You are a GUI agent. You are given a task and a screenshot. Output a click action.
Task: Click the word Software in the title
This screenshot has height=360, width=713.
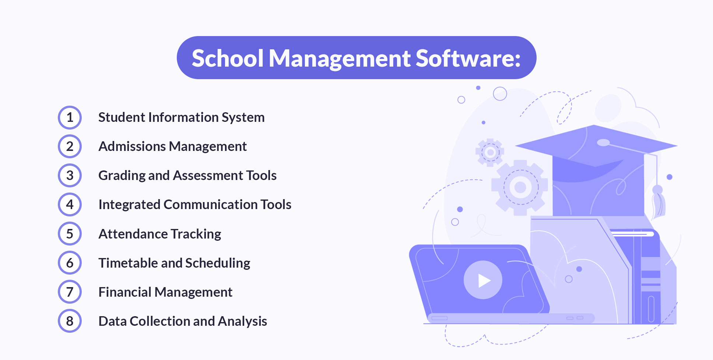tap(468, 58)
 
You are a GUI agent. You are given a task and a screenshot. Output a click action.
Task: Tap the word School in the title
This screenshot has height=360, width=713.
tap(228, 58)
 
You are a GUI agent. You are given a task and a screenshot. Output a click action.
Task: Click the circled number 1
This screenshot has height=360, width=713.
tap(70, 117)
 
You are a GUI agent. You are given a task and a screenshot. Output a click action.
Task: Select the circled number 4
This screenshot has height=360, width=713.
tap(70, 205)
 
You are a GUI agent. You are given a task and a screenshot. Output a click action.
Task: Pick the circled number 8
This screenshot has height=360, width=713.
tap(70, 321)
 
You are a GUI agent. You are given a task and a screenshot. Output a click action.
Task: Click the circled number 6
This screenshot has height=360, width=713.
tap(70, 263)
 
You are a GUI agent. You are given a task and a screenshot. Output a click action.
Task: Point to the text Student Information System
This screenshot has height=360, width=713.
tap(181, 117)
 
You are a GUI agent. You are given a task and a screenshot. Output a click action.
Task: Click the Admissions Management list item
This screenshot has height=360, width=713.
tap(172, 147)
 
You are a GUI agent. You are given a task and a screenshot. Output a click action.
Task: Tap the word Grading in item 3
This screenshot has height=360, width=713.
tap(122, 176)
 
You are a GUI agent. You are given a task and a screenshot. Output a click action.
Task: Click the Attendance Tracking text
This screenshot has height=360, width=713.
tap(159, 234)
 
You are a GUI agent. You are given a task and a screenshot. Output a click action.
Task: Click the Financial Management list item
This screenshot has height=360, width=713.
tap(165, 292)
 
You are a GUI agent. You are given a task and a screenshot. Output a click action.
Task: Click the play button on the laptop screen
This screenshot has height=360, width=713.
tap(483, 280)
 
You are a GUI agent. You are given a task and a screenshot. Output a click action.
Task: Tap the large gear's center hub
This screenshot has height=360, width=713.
tap(520, 187)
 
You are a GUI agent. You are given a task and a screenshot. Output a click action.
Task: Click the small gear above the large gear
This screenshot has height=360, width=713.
tap(490, 152)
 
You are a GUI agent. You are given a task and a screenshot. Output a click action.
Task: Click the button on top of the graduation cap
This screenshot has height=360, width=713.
tap(603, 142)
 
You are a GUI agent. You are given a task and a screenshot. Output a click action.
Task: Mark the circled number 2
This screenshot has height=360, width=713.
tap(70, 147)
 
